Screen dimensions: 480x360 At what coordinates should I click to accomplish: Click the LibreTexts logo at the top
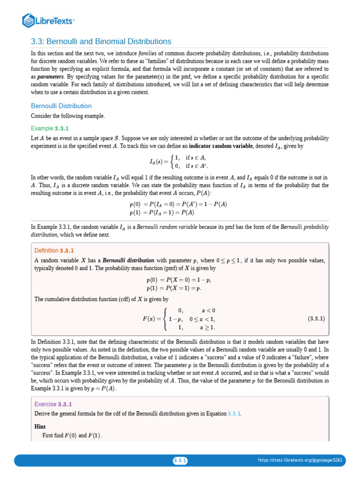coord(49,20)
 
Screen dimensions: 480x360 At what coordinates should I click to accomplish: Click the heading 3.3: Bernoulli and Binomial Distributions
coord(101,42)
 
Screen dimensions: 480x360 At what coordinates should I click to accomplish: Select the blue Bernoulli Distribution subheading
coord(61,106)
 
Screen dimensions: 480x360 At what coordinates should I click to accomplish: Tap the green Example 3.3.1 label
coord(50,128)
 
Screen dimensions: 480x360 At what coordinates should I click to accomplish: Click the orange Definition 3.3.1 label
coord(54,250)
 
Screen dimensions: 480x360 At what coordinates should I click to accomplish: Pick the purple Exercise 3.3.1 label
coord(53,404)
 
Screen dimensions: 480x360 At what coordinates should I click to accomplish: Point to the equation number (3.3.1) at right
coord(316,319)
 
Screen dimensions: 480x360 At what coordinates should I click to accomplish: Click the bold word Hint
coord(41,427)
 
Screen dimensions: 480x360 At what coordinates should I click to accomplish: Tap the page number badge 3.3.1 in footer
coord(180,460)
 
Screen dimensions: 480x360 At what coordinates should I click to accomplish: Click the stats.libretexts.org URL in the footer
coord(300,460)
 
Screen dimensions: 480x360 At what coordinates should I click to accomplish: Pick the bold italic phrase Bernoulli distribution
coord(128,260)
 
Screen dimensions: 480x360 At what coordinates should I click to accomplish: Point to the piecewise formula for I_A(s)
coord(179,162)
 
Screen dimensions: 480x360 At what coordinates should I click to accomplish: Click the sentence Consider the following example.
coord(68,116)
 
